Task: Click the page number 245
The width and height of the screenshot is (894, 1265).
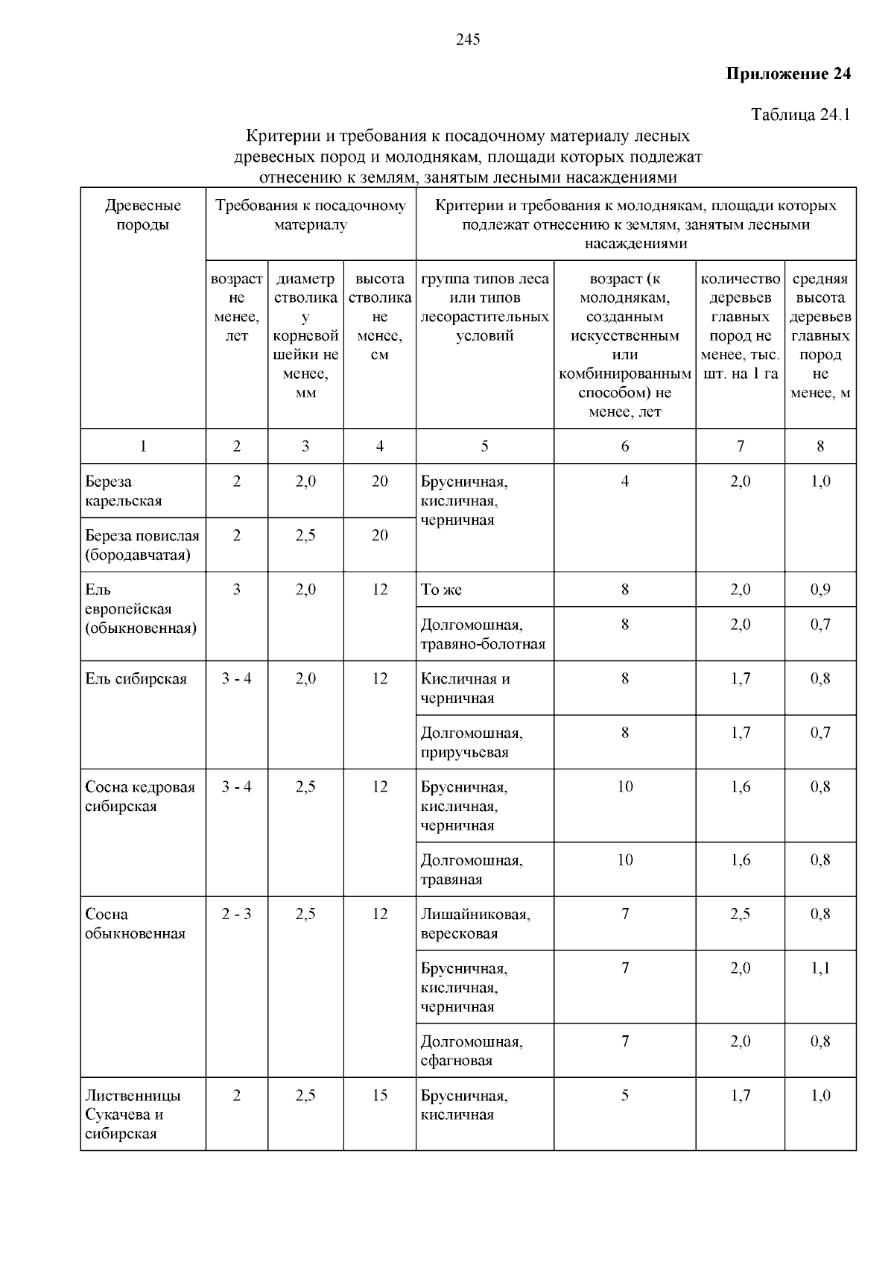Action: [x=468, y=40]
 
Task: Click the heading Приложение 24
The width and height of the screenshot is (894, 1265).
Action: [x=788, y=74]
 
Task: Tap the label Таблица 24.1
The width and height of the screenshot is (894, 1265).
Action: [x=800, y=115]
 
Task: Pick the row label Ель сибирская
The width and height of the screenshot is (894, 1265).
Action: [x=136, y=679]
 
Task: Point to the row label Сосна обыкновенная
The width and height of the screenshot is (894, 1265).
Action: [x=135, y=924]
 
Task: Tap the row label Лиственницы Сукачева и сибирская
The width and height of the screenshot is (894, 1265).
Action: [x=133, y=1114]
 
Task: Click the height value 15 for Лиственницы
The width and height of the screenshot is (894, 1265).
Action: [x=380, y=1096]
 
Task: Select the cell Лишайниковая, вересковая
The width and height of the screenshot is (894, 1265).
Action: [x=475, y=924]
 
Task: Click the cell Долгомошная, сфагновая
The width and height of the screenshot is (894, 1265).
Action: [x=472, y=1050]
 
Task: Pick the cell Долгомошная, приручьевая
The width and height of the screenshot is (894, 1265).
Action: [x=472, y=742]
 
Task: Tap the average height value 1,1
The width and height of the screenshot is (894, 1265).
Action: [x=820, y=968]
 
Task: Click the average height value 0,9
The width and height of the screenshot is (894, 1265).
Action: [x=820, y=590]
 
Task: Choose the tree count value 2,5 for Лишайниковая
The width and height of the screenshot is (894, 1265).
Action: [x=741, y=914]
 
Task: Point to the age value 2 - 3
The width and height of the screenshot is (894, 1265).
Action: [x=237, y=914]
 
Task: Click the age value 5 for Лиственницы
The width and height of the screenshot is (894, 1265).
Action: [x=625, y=1096]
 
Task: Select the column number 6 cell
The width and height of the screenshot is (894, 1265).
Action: [x=625, y=447]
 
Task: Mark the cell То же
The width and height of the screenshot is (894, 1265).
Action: [x=442, y=590]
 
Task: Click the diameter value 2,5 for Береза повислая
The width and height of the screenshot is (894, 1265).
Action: [x=305, y=536]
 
